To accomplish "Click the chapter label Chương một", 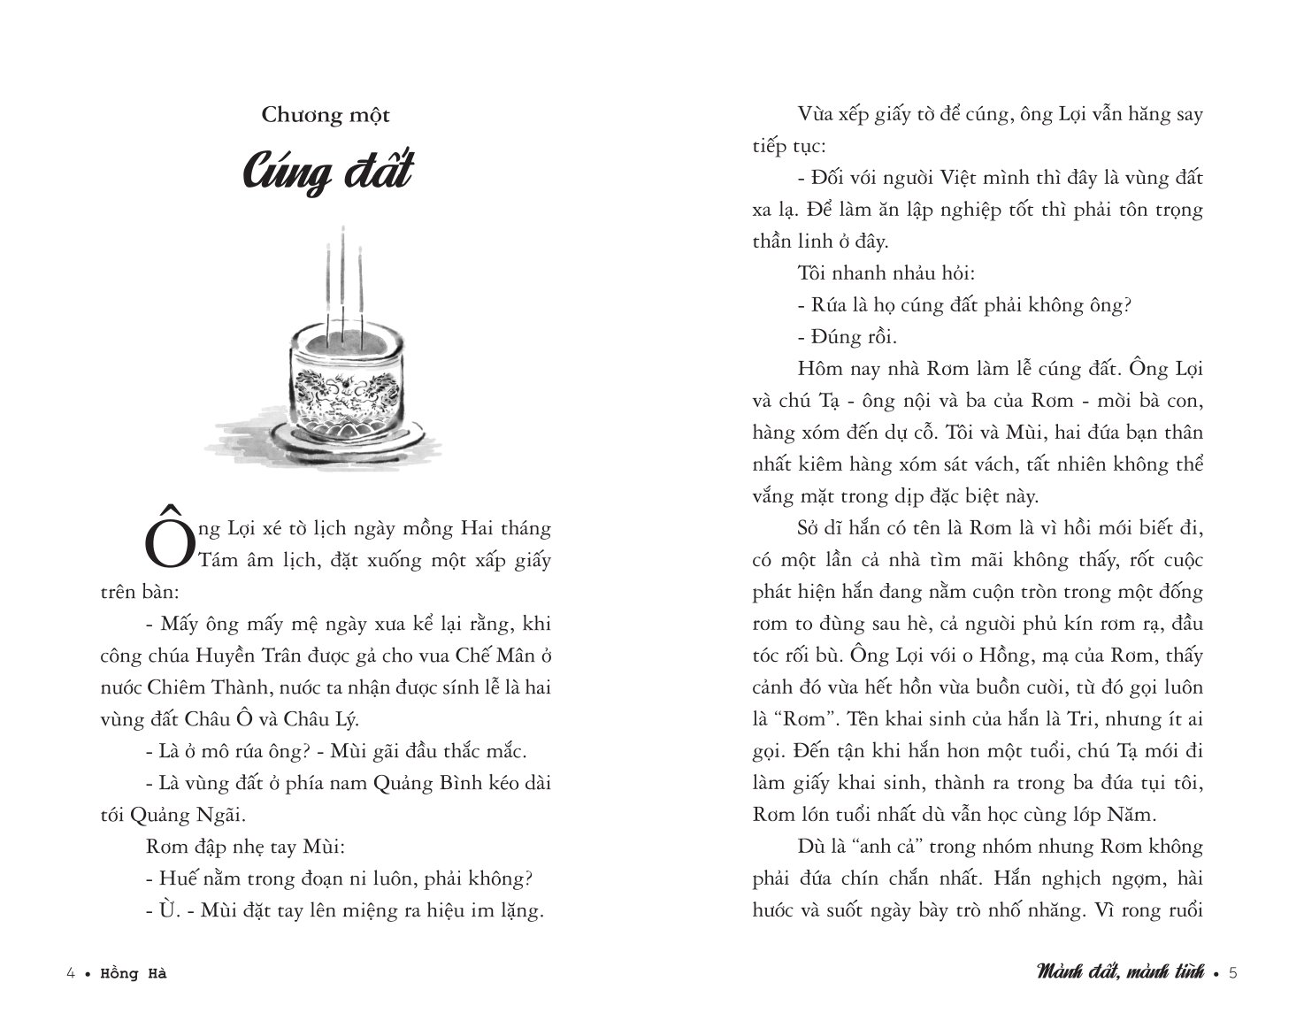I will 326,115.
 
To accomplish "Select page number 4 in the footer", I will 71,974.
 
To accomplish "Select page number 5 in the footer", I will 1233,974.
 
